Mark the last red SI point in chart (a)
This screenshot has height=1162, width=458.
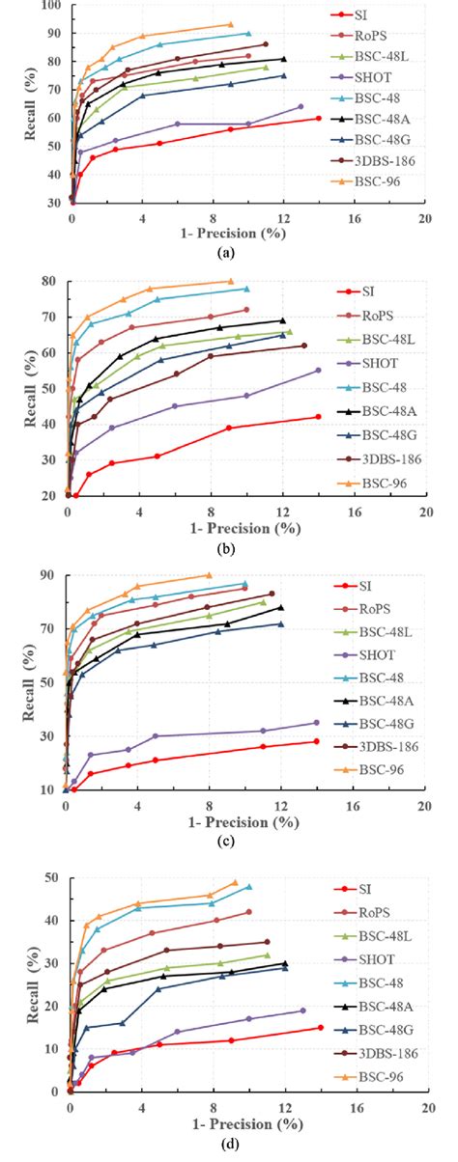pos(319,118)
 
